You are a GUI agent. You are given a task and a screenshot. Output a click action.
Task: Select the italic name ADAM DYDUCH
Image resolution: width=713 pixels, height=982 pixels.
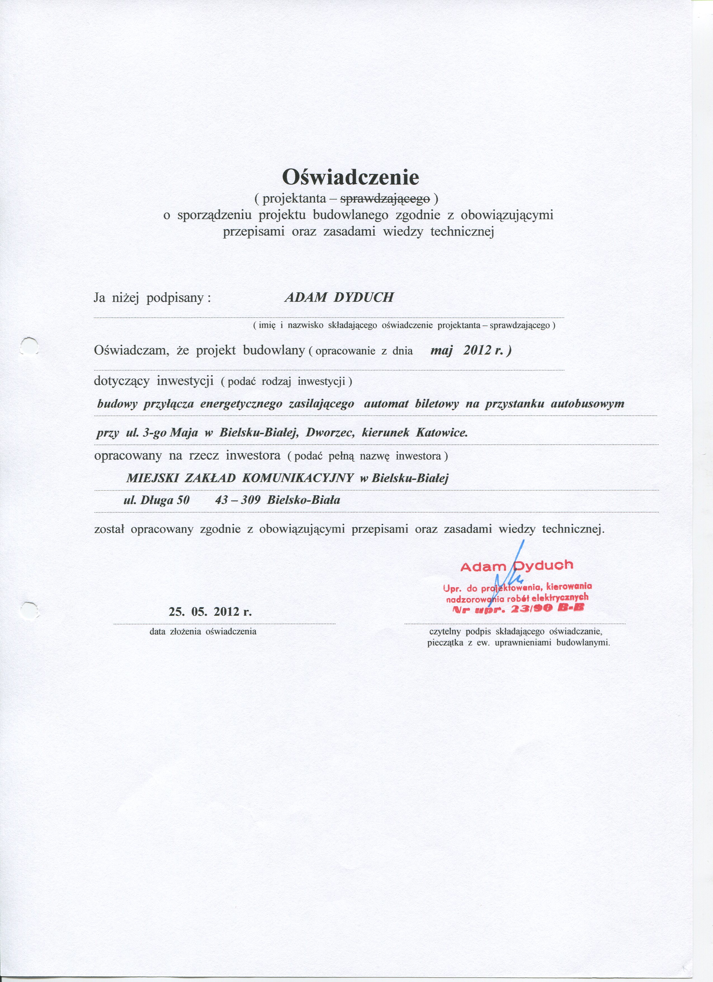click(x=339, y=298)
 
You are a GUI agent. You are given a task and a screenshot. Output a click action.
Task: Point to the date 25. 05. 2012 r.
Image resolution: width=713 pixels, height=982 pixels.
click(x=210, y=611)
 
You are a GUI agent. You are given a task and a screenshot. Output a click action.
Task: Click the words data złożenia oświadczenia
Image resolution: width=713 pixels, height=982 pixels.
click(x=203, y=631)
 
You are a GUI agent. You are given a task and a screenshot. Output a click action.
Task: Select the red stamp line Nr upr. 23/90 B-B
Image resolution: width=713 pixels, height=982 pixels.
click(x=518, y=609)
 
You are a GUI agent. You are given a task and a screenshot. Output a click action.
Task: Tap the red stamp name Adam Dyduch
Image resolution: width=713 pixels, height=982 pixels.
click(x=517, y=566)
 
